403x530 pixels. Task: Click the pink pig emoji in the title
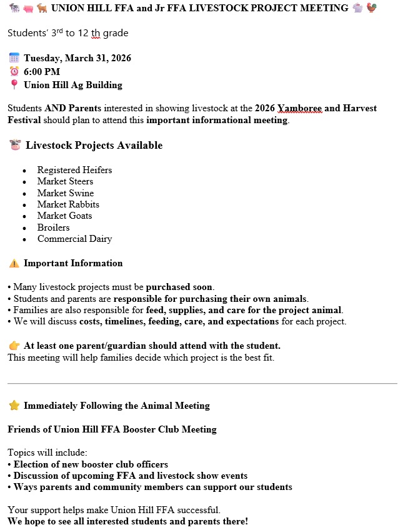[x=26, y=9]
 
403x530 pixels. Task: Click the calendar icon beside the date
[x=14, y=58]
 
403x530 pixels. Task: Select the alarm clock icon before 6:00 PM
[x=14, y=72]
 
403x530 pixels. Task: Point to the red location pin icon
[x=14, y=85]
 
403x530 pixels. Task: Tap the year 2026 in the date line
[x=119, y=59]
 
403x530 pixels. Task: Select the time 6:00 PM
[x=42, y=72]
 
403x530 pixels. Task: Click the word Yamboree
[x=300, y=108]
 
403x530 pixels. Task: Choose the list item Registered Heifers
[x=74, y=170]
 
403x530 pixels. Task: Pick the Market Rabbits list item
[x=68, y=204]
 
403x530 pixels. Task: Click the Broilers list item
[x=53, y=227]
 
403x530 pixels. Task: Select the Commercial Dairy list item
[x=74, y=239]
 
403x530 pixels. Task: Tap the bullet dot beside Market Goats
[x=24, y=216]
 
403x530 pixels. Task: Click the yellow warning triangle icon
[x=14, y=263]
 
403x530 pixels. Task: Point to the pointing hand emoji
[x=14, y=346]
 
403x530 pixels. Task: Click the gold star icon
[x=14, y=406]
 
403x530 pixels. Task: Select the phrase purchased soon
[x=180, y=287]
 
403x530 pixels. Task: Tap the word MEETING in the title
[x=327, y=8]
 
